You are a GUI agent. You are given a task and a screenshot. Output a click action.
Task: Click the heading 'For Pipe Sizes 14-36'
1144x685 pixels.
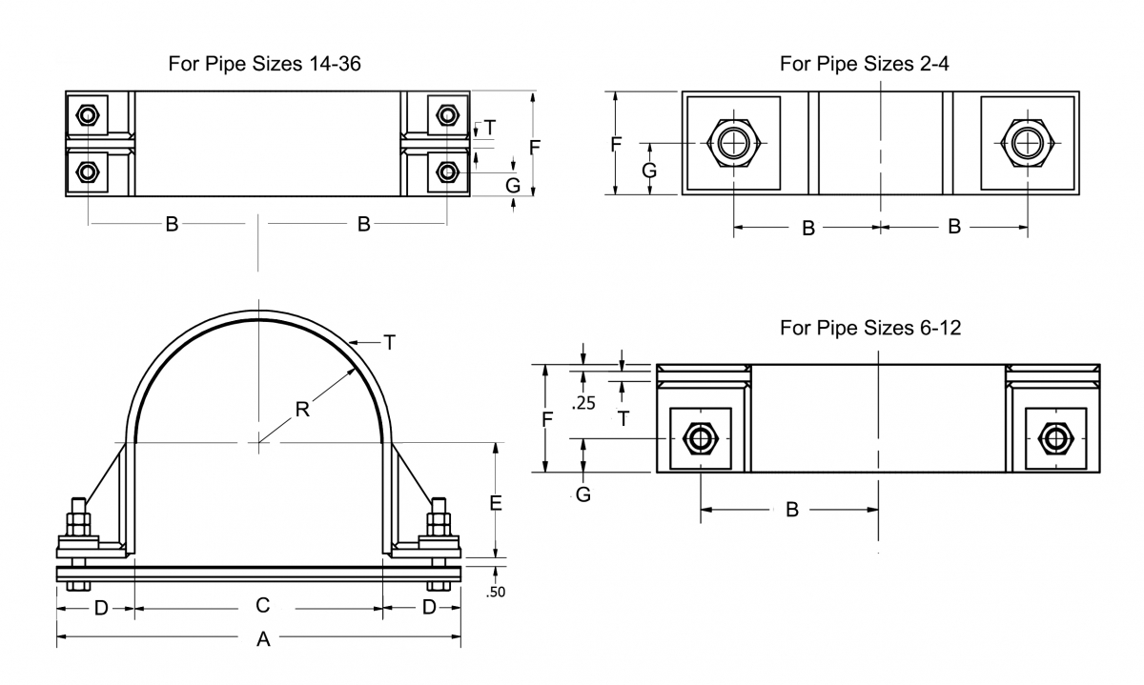pos(264,64)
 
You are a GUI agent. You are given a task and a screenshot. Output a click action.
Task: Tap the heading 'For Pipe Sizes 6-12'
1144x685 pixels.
pos(869,328)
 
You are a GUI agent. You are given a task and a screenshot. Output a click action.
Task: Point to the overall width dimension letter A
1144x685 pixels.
pos(264,640)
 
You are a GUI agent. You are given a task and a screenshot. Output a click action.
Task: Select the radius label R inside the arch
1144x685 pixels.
pos(302,411)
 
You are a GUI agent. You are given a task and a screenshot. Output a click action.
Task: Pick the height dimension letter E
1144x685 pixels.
pos(496,504)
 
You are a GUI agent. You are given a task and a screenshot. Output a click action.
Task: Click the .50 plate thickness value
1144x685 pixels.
pos(495,593)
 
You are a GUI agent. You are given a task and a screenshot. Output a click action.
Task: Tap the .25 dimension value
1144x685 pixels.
pos(582,403)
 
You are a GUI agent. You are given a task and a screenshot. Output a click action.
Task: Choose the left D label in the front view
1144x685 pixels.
pos(101,607)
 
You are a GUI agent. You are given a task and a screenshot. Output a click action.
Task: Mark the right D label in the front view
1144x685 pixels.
pos(429,607)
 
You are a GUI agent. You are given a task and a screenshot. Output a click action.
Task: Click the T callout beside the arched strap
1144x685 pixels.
pos(389,341)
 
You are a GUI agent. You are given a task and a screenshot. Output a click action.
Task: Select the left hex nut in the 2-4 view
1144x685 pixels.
pos(733,143)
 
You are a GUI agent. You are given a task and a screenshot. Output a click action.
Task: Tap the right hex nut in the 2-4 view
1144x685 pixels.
pos(1028,143)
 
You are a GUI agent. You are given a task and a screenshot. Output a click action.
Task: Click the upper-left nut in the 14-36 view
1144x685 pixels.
pos(88,115)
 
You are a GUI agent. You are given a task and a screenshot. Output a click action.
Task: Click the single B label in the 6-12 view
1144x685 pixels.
pos(791,510)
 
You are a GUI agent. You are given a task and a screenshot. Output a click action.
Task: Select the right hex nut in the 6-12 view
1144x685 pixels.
pos(1053,438)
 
